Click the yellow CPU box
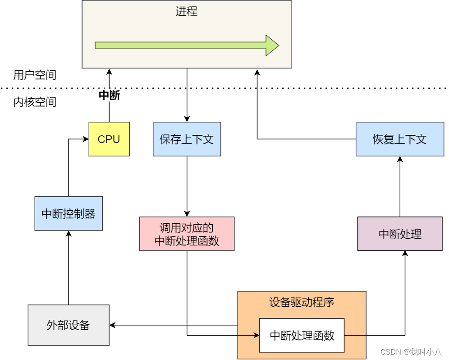pos(109,139)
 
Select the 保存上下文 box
pos(187,139)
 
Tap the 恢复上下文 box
pos(399,139)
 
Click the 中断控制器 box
pos(69,213)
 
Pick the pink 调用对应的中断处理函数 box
pos(187,234)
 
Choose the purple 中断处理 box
pos(399,234)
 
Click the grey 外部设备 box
pos(69,325)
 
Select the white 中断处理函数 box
pos(302,335)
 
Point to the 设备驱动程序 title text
pos(302,302)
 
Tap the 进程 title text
pos(187,11)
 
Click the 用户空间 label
pos(35,75)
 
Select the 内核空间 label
pos(35,102)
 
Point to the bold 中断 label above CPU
pos(109,96)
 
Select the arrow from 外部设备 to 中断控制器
pos(69,271)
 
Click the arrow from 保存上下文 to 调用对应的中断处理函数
pos(187,185)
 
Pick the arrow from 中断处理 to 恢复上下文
pos(400,187)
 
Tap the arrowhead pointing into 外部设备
pos(113,325)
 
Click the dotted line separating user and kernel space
pos(316,88)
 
